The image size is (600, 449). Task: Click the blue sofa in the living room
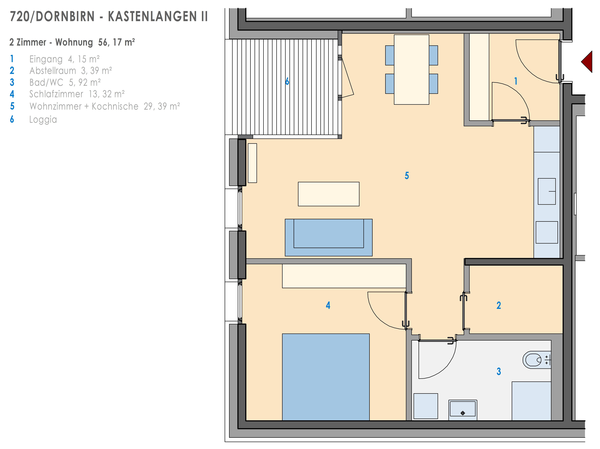point(328,237)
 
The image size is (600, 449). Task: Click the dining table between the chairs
point(411,69)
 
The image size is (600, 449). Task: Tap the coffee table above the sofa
point(328,194)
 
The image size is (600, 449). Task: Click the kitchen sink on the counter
point(547,191)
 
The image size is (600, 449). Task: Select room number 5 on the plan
point(407,176)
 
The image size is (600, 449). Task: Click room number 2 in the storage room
point(499,305)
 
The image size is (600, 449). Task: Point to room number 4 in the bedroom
point(328,305)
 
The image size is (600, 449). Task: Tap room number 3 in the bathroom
point(499,371)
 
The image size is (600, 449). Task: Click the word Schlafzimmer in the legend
point(56,94)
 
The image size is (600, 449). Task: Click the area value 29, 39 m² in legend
point(162,106)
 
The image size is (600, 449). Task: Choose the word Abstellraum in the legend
point(53,71)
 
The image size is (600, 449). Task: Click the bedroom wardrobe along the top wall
point(344,276)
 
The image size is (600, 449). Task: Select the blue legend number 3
point(12,82)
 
